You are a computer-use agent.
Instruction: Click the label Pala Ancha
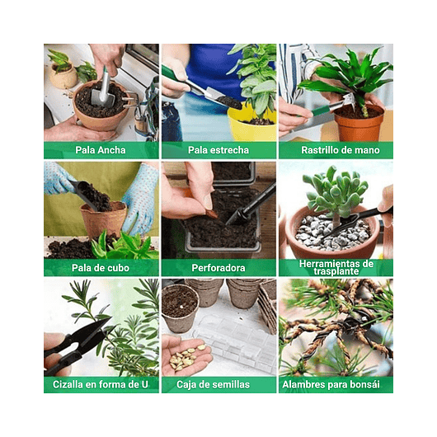pyautogui.click(x=101, y=150)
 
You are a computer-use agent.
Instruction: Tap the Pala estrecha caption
pyautogui.click(x=218, y=150)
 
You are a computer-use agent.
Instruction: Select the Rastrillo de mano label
pyautogui.click(x=335, y=150)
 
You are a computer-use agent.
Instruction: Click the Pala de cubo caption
pyautogui.click(x=101, y=267)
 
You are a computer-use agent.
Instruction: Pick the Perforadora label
pyautogui.click(x=218, y=267)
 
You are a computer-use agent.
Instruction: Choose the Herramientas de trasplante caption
pyautogui.click(x=335, y=267)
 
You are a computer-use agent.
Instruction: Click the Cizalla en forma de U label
pyautogui.click(x=101, y=384)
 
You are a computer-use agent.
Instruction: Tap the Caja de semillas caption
pyautogui.click(x=218, y=384)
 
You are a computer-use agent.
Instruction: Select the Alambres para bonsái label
pyautogui.click(x=335, y=384)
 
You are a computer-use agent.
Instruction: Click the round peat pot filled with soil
pyautogui.click(x=179, y=305)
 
